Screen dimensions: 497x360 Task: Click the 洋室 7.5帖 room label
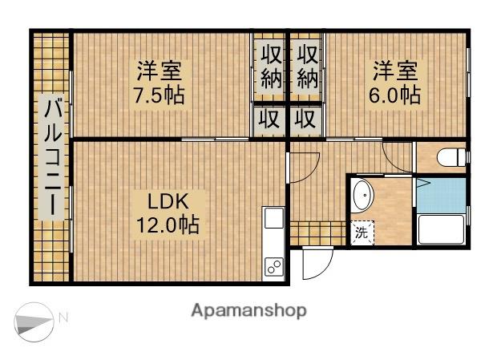[159, 83]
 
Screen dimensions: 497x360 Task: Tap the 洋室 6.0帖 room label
[395, 83]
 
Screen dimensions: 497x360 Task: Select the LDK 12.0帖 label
[168, 213]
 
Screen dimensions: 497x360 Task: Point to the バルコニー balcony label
[53, 157]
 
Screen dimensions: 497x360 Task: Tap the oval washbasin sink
[363, 196]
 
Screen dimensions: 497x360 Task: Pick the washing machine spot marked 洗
[362, 233]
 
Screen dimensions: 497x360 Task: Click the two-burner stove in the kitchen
[274, 266]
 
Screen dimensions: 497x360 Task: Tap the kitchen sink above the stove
[274, 218]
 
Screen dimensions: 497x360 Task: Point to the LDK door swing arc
[305, 168]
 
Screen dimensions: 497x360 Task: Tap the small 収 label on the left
[269, 119]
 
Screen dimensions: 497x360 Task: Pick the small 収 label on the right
[305, 119]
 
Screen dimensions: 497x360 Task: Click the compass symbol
[34, 322]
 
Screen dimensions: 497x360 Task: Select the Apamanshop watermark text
[249, 310]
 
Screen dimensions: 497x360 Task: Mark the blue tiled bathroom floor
[441, 195]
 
